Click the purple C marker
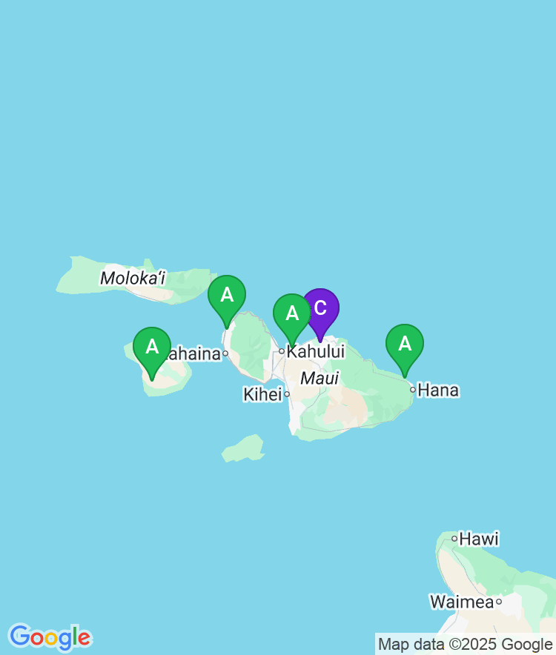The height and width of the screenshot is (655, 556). pos(320,309)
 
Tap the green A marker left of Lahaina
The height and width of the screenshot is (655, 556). pos(152,347)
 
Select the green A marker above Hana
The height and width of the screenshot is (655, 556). pos(405,344)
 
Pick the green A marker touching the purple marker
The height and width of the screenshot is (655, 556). pos(291,313)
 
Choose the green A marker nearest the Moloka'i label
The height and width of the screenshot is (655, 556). pos(227,295)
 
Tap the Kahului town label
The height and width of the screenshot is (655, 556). pos(316,351)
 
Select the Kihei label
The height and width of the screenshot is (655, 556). pos(262,395)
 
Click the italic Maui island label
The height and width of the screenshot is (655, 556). pos(320,379)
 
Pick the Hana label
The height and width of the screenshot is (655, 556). pos(438,390)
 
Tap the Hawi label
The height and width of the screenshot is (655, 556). pos(479,539)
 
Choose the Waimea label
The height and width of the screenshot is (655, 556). pos(461,602)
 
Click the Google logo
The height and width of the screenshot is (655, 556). pos(50,636)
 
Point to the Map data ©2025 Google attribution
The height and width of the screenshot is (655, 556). pos(466,644)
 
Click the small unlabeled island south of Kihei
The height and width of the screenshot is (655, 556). pos(243,449)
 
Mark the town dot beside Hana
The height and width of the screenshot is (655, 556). pos(413,389)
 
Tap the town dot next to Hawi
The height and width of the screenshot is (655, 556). pos(454,539)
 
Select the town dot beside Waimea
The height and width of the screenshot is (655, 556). pos(499,602)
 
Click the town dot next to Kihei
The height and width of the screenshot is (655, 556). pos(287,394)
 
